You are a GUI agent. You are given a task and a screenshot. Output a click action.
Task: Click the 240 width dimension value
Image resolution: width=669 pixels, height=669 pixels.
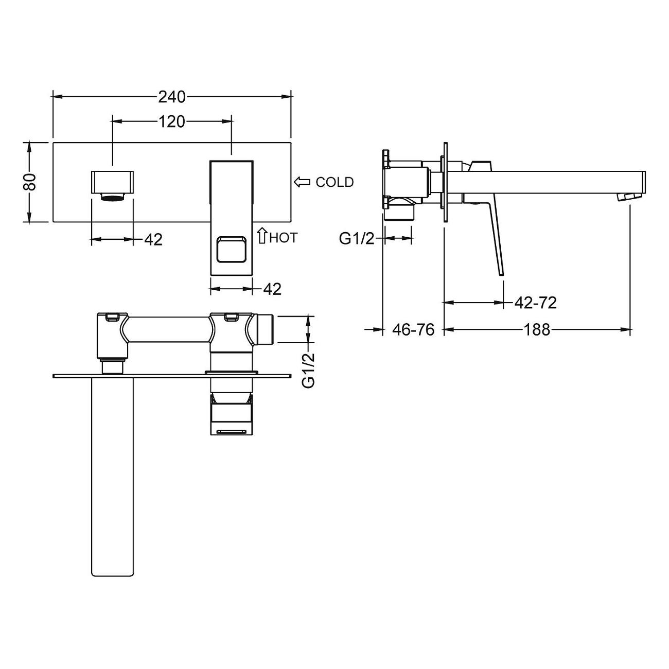pos(172,97)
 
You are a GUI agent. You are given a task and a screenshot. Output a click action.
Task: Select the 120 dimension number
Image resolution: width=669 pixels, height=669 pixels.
pos(172,122)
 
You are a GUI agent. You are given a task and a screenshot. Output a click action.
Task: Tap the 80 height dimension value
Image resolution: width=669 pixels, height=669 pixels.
pos(30,182)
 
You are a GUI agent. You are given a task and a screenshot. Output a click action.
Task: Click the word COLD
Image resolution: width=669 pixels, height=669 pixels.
pos(334,182)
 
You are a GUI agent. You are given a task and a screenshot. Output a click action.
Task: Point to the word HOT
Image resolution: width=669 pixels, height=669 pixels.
pos(284,238)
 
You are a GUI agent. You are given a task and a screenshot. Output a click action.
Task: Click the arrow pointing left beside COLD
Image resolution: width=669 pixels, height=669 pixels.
pos(302,182)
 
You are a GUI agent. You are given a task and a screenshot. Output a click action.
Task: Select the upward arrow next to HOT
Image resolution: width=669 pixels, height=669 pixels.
pos(262,235)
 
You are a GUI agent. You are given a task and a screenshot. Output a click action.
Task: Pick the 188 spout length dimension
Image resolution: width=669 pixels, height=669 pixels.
pos(537,330)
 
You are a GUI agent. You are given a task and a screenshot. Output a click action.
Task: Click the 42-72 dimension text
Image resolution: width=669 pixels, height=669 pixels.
pos(535,303)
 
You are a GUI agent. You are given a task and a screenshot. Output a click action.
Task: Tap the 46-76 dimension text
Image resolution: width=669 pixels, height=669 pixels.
pos(413,330)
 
